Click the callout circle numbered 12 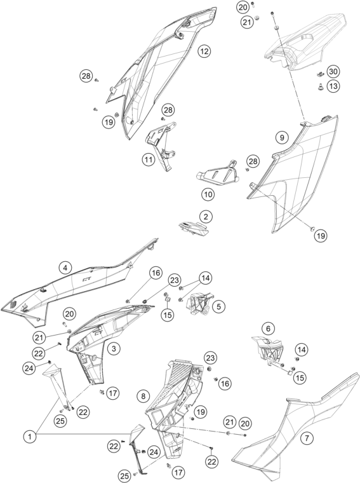[204, 51]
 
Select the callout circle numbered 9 [282, 137]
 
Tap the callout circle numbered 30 [333, 72]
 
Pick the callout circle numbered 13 [333, 86]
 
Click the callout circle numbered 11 [149, 160]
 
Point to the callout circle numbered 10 [208, 194]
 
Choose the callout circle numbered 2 [206, 217]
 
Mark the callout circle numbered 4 [65, 268]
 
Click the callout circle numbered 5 [218, 306]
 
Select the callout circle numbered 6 [268, 329]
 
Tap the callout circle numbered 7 [307, 438]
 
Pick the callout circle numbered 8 [143, 396]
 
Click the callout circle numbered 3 [114, 349]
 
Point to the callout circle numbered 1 [30, 437]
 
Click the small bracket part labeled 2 [194, 228]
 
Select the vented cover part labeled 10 [218, 173]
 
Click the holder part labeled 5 [200, 304]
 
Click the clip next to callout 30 [320, 74]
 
